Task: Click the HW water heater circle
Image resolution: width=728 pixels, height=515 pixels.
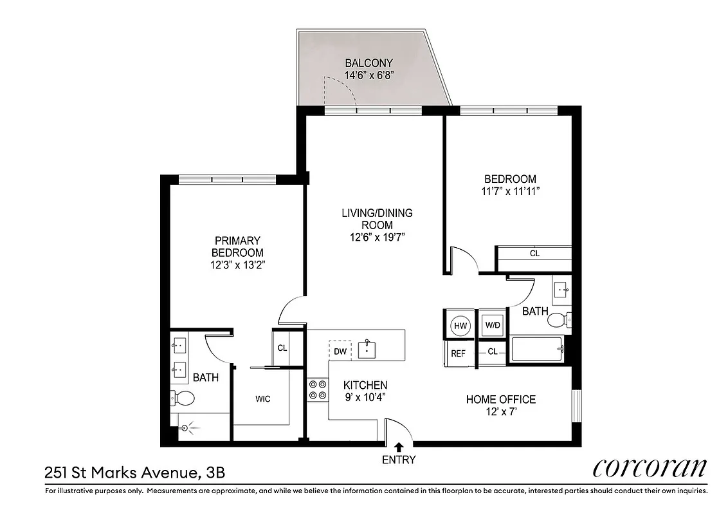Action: coord(460,325)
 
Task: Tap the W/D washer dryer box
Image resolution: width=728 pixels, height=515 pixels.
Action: coord(493,325)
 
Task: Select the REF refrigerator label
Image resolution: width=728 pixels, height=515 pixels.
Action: coord(458,353)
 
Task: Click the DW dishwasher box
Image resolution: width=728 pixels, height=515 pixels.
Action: coord(340,351)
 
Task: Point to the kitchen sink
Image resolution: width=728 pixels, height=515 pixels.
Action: coord(368,349)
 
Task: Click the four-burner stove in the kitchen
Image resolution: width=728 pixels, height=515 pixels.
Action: coord(317,389)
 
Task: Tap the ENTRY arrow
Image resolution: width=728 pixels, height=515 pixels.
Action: coord(399,446)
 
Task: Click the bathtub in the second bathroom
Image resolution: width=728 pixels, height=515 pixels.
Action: coord(536,350)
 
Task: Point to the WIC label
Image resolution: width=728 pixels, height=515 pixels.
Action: coord(262,399)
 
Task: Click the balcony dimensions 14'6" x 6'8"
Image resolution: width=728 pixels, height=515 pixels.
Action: coord(369,75)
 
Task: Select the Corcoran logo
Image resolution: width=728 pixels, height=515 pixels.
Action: coord(650,468)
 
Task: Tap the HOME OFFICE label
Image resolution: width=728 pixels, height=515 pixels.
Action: coord(500,400)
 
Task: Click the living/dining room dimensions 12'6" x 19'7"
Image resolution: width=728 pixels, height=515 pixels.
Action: coord(377,237)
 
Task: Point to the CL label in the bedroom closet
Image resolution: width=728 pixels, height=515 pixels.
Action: coord(534,254)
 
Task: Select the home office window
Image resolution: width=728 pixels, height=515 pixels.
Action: coord(576,405)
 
